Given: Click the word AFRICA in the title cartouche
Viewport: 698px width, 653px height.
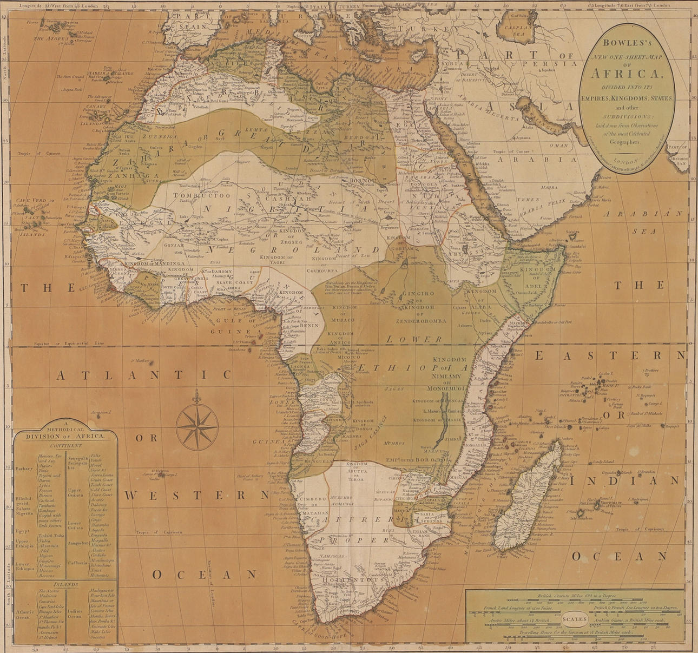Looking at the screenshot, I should [x=627, y=74].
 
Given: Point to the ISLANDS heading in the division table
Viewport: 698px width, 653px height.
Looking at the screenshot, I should [x=65, y=584].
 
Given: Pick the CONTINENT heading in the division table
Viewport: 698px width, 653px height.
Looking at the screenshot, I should [x=65, y=446].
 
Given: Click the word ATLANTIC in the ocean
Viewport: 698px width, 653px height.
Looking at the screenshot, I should [x=144, y=375].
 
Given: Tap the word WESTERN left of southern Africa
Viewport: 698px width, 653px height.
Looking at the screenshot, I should [x=196, y=495].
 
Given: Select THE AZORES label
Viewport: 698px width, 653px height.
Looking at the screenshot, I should [x=51, y=38].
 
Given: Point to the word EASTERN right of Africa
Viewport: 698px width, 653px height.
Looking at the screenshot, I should [x=609, y=355].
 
